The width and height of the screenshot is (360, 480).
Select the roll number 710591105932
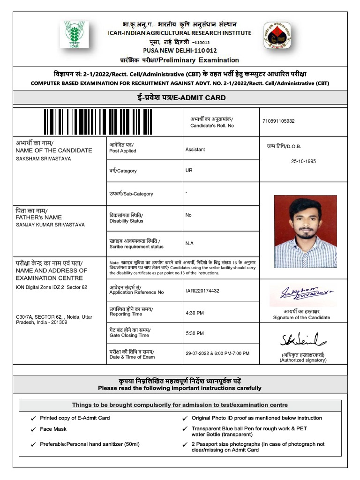pyautogui.click(x=278, y=121)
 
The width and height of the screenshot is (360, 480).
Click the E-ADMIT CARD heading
pyautogui.click(x=180, y=98)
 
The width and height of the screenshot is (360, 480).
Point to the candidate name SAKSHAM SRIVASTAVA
pyautogui.click(x=44, y=159)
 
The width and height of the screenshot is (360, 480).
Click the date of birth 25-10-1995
pyautogui.click(x=303, y=161)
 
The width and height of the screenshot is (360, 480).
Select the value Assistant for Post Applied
pyautogui.click(x=195, y=150)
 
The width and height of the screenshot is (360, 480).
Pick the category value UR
pyautogui.click(x=189, y=171)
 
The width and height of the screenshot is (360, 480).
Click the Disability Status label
pyautogui.click(x=126, y=221)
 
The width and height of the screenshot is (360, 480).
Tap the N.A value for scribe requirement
pyautogui.click(x=189, y=243)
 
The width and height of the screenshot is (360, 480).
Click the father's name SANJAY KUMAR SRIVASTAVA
pyautogui.click(x=50, y=225)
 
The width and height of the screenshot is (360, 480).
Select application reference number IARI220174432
pyautogui.click(x=202, y=291)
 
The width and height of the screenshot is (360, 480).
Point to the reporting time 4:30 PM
pyautogui.click(x=195, y=313)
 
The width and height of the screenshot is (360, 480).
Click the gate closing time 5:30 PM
pyautogui.click(x=195, y=334)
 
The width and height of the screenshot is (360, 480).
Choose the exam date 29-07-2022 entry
pyautogui.click(x=217, y=353)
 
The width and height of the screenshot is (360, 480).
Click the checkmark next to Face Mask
pyautogui.click(x=33, y=429)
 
